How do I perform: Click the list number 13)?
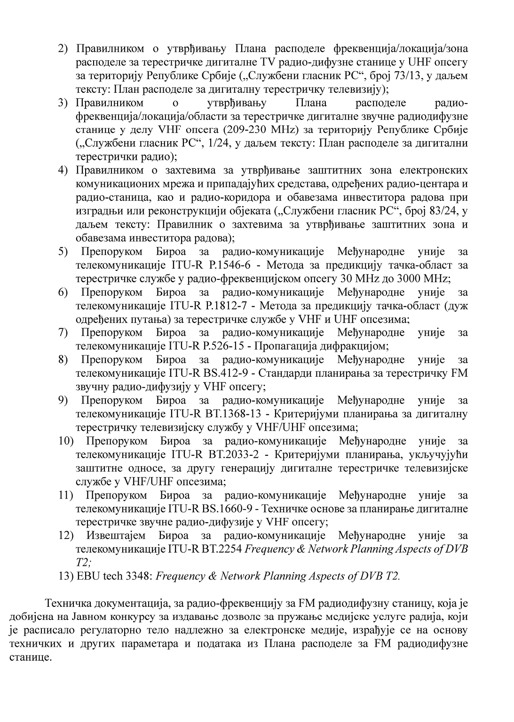click(65, 576)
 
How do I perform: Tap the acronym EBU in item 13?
click(86, 576)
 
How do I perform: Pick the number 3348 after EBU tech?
click(135, 576)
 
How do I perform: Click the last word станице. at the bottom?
click(30, 657)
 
